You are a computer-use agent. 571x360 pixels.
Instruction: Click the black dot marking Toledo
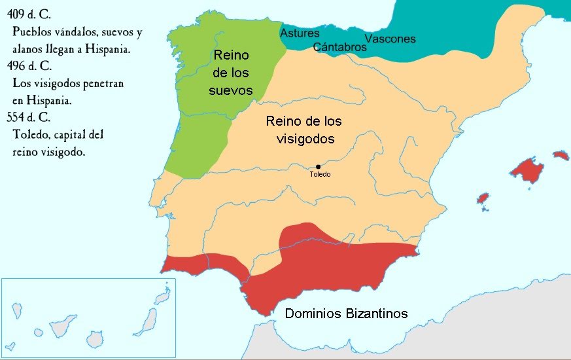tap(318, 167)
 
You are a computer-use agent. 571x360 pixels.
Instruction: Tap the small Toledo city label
tap(320, 175)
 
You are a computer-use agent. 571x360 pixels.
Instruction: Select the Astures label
tap(300, 33)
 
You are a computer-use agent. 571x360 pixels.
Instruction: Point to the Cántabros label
tap(339, 47)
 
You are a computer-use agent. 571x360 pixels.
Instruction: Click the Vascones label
tap(390, 39)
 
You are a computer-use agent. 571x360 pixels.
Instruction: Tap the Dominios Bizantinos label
tap(346, 314)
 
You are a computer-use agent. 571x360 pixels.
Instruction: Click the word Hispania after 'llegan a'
tap(122, 49)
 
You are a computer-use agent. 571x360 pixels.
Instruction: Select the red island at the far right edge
tap(561, 156)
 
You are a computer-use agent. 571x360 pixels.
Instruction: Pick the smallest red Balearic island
tap(483, 198)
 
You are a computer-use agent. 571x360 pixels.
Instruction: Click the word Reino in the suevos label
tap(231, 56)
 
